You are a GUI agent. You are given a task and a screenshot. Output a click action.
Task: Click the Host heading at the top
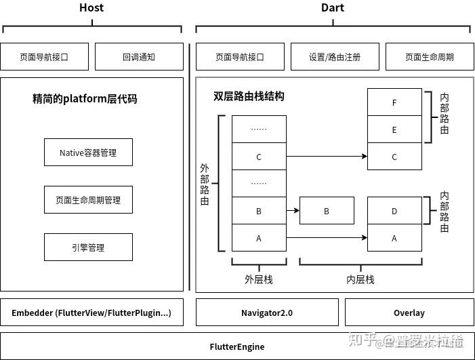click(x=91, y=7)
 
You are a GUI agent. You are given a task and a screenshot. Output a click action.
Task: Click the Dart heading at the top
click(x=333, y=7)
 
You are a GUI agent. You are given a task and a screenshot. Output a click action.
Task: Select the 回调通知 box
click(x=139, y=57)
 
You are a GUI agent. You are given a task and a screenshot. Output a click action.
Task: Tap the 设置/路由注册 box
click(x=335, y=57)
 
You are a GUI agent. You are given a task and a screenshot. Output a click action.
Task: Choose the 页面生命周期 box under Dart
click(x=430, y=57)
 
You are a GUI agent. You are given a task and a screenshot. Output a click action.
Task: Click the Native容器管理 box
click(x=88, y=153)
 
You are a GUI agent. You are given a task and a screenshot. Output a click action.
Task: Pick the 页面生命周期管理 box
click(x=88, y=200)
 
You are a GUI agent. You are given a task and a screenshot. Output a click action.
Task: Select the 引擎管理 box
click(x=88, y=247)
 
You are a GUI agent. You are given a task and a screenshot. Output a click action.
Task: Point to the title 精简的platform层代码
click(x=85, y=99)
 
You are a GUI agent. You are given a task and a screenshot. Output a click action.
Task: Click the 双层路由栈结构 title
click(x=249, y=96)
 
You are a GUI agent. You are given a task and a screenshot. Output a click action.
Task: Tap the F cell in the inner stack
click(x=394, y=102)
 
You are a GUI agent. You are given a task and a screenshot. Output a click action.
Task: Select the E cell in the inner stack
click(x=394, y=129)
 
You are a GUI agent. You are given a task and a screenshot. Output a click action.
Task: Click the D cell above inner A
click(x=394, y=211)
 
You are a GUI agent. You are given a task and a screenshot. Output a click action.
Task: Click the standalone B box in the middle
click(x=327, y=211)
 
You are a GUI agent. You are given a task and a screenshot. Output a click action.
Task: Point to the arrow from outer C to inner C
click(x=327, y=157)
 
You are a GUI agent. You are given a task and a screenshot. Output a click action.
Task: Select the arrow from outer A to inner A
click(x=327, y=237)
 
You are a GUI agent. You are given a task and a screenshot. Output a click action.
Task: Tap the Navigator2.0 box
click(x=267, y=313)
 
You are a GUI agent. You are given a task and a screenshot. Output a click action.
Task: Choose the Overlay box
click(x=409, y=313)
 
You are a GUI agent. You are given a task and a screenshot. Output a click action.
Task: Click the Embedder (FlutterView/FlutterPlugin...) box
click(x=91, y=313)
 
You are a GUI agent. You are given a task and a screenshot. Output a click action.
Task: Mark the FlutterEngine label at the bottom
click(x=237, y=346)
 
